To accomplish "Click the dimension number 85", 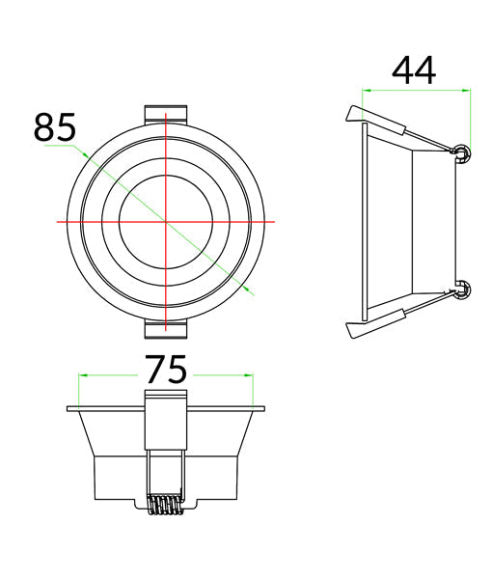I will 55,127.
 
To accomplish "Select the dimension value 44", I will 414,70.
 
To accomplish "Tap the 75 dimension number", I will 166,372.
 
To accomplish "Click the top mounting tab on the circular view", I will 167,113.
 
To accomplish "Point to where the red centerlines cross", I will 167,222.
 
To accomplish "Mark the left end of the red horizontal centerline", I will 59,222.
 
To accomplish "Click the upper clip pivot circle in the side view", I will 463,152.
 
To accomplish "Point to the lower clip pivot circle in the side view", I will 463,289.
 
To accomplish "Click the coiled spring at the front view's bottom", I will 166,507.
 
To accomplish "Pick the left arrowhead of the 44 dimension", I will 363,91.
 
